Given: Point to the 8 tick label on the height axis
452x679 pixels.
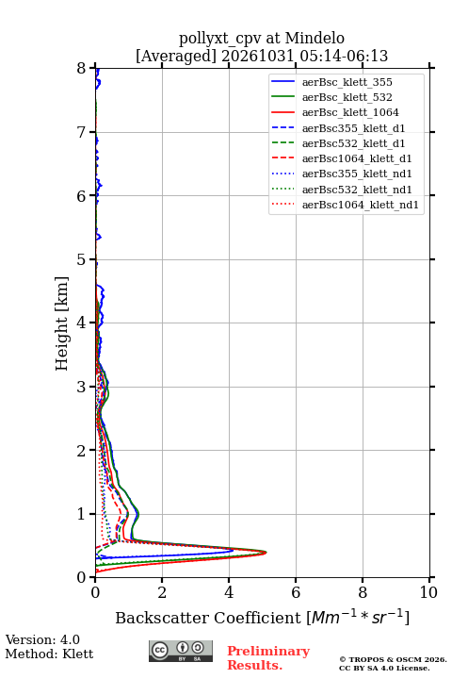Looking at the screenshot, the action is point(82,69).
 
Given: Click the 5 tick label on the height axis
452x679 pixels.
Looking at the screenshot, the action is point(82,259).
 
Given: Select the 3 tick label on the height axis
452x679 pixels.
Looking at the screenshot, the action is point(82,387).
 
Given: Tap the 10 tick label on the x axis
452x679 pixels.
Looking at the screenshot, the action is point(428,592).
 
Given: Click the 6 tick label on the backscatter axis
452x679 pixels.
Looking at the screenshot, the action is point(296,592).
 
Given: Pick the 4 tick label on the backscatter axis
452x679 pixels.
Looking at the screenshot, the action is point(229,592).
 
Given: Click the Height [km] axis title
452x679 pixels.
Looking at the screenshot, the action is point(62,323).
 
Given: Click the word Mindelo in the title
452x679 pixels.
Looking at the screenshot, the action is point(315,38).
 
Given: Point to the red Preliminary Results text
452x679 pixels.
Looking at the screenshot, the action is point(268,658).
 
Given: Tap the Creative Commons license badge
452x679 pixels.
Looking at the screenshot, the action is point(181,651).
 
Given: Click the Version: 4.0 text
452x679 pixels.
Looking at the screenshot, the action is point(42,639).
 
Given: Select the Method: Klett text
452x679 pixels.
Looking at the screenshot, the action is point(49,654).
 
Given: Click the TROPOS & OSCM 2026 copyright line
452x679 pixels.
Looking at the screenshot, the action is point(393,659).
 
